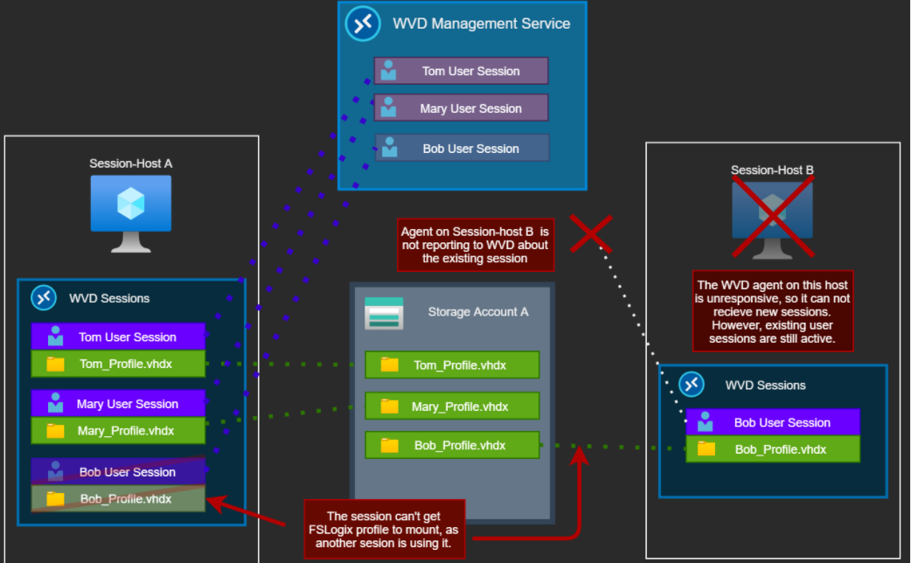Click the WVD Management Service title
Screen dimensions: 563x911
482,24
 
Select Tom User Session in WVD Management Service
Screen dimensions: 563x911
461,71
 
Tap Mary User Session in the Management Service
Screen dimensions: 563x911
461,108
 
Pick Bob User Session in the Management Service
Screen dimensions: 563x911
462,149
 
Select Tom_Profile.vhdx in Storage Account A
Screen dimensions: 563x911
452,365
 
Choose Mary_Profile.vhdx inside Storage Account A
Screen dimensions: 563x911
452,407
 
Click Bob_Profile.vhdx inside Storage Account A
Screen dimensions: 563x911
452,445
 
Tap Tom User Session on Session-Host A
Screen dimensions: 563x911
118,337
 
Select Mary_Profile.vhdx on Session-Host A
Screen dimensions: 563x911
118,430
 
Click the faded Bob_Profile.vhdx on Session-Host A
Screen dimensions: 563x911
118,499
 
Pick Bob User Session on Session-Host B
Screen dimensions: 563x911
773,422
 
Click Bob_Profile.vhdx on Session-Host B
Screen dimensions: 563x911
773,449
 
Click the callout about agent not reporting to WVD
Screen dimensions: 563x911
474,245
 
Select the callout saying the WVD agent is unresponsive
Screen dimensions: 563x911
772,311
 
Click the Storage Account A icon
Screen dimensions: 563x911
384,313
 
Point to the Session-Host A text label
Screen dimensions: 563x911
131,163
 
